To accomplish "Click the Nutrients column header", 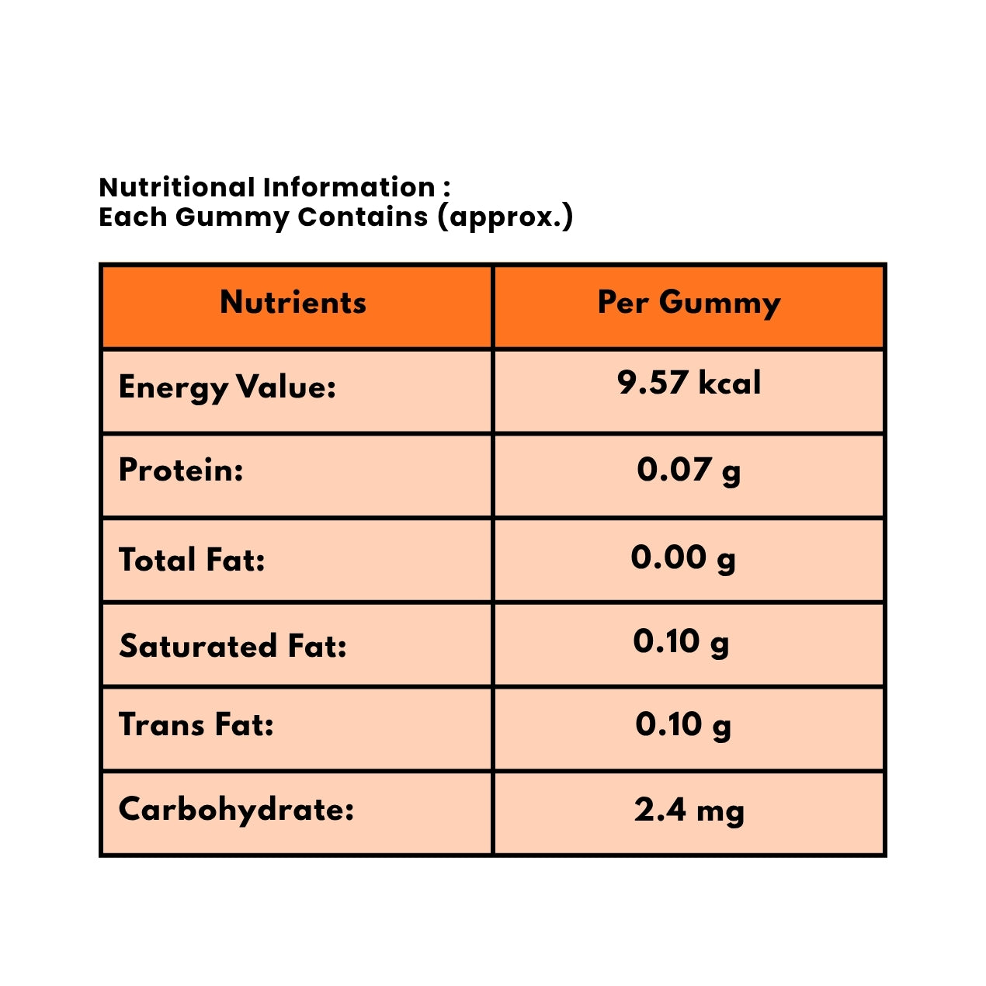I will (293, 303).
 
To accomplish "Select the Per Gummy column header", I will (689, 303).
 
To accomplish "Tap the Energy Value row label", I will (227, 387).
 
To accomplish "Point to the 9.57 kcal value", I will (689, 383).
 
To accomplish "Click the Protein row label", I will (181, 470).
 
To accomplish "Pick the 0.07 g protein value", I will (689, 470).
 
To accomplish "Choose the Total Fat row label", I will (192, 560).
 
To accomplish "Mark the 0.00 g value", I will (683, 557).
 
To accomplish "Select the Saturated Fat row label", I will (233, 646).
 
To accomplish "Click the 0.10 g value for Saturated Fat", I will (681, 642).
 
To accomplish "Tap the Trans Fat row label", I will (196, 724).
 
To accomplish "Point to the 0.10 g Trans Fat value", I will (683, 724).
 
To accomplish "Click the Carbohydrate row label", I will (236, 810).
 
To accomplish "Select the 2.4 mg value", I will (689, 811).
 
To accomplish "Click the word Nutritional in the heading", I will (177, 187).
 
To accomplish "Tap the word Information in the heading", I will (349, 187).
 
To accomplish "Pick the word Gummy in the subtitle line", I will (232, 217).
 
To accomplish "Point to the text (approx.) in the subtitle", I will (505, 217).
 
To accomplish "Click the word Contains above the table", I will (363, 217).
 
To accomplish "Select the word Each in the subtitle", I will (133, 217).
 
